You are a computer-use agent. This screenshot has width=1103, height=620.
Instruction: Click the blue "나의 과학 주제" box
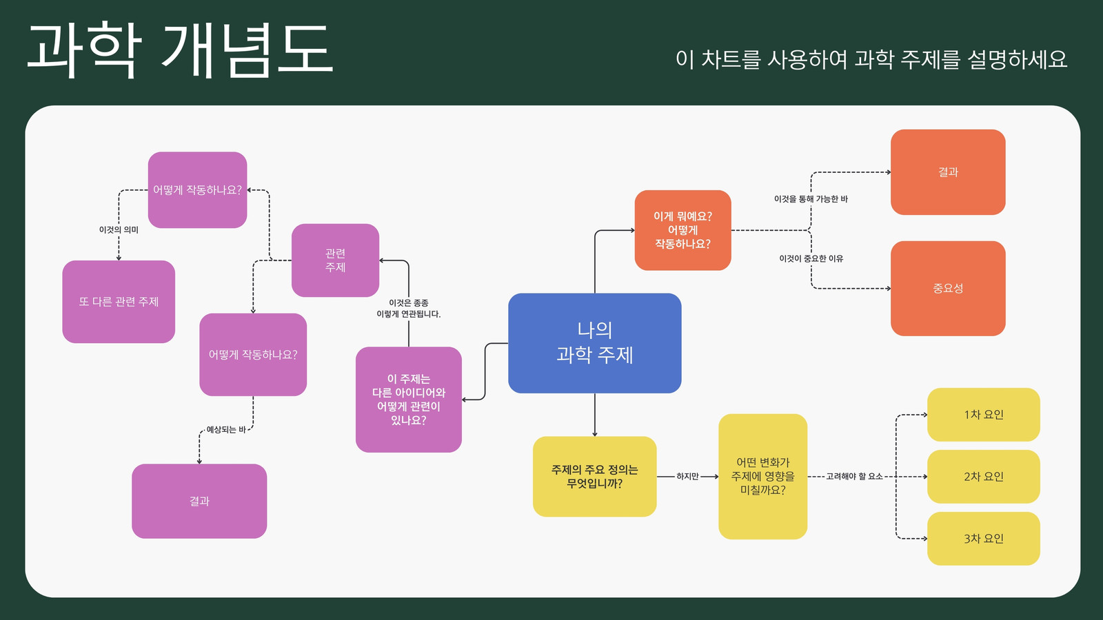(x=595, y=343)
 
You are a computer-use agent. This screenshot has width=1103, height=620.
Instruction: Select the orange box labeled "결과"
(x=948, y=172)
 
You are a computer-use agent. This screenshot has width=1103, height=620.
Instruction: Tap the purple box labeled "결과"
(x=199, y=501)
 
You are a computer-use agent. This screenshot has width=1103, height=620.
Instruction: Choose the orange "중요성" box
(x=948, y=289)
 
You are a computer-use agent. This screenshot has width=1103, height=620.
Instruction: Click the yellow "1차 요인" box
(x=983, y=414)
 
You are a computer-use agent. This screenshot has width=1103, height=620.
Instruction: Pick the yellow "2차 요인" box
(x=983, y=476)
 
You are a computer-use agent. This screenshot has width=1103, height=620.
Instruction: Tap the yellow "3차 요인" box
(x=983, y=538)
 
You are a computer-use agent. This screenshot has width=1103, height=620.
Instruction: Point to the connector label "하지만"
(x=687, y=476)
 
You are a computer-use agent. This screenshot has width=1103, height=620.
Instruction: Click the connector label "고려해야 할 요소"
(x=854, y=476)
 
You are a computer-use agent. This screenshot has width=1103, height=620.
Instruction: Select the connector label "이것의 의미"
(x=119, y=230)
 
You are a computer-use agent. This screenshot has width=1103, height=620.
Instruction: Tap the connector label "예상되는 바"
(x=226, y=430)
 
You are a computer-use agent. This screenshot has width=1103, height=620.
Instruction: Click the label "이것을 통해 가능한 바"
(x=811, y=199)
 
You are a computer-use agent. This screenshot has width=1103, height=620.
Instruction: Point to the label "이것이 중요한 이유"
(x=811, y=258)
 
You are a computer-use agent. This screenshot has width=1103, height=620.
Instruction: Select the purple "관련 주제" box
(x=335, y=260)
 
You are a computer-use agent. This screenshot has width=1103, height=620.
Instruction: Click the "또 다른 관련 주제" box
(x=119, y=302)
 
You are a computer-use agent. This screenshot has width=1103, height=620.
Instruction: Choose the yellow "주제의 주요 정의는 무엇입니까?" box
(x=595, y=476)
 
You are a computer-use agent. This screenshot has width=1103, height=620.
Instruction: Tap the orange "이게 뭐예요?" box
(x=683, y=230)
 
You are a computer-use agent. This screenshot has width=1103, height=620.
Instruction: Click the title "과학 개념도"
(x=180, y=50)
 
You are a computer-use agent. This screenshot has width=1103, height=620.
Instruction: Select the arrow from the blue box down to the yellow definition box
(x=595, y=415)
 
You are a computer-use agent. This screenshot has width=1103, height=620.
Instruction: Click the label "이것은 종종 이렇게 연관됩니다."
(x=409, y=309)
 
